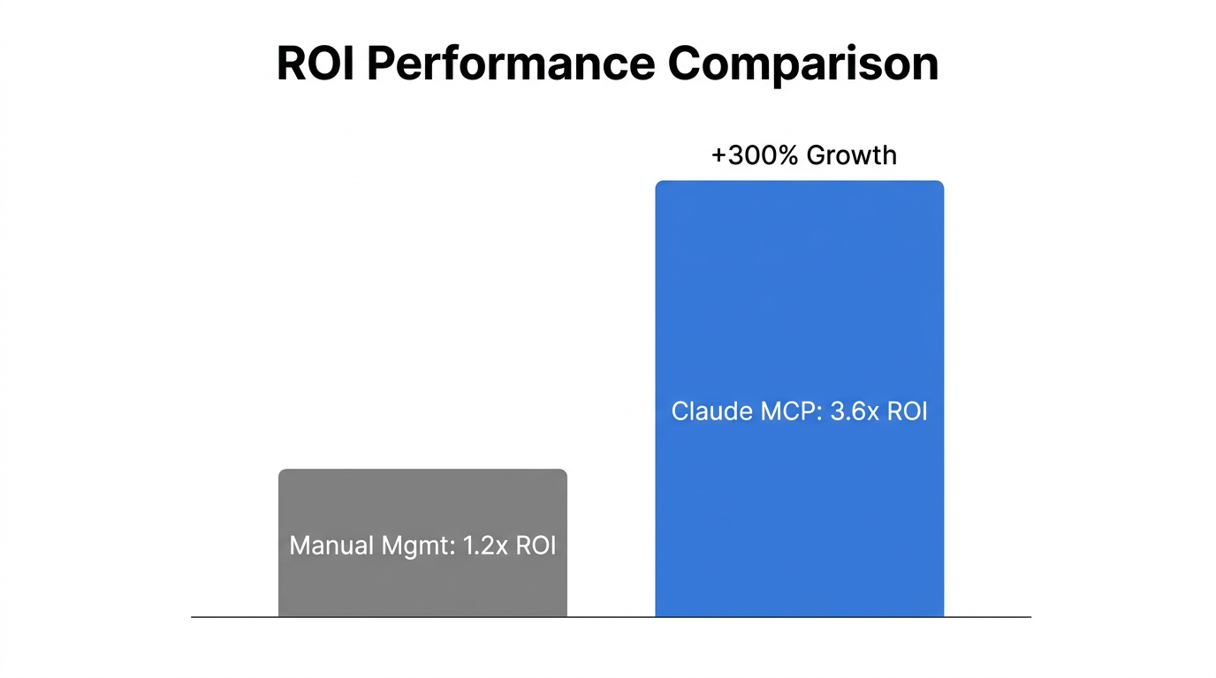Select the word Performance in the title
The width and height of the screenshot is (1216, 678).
(508, 64)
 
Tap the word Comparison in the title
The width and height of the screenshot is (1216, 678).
(802, 64)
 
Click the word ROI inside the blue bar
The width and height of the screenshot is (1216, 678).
(906, 411)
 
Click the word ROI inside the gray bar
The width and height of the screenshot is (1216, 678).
(536, 545)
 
